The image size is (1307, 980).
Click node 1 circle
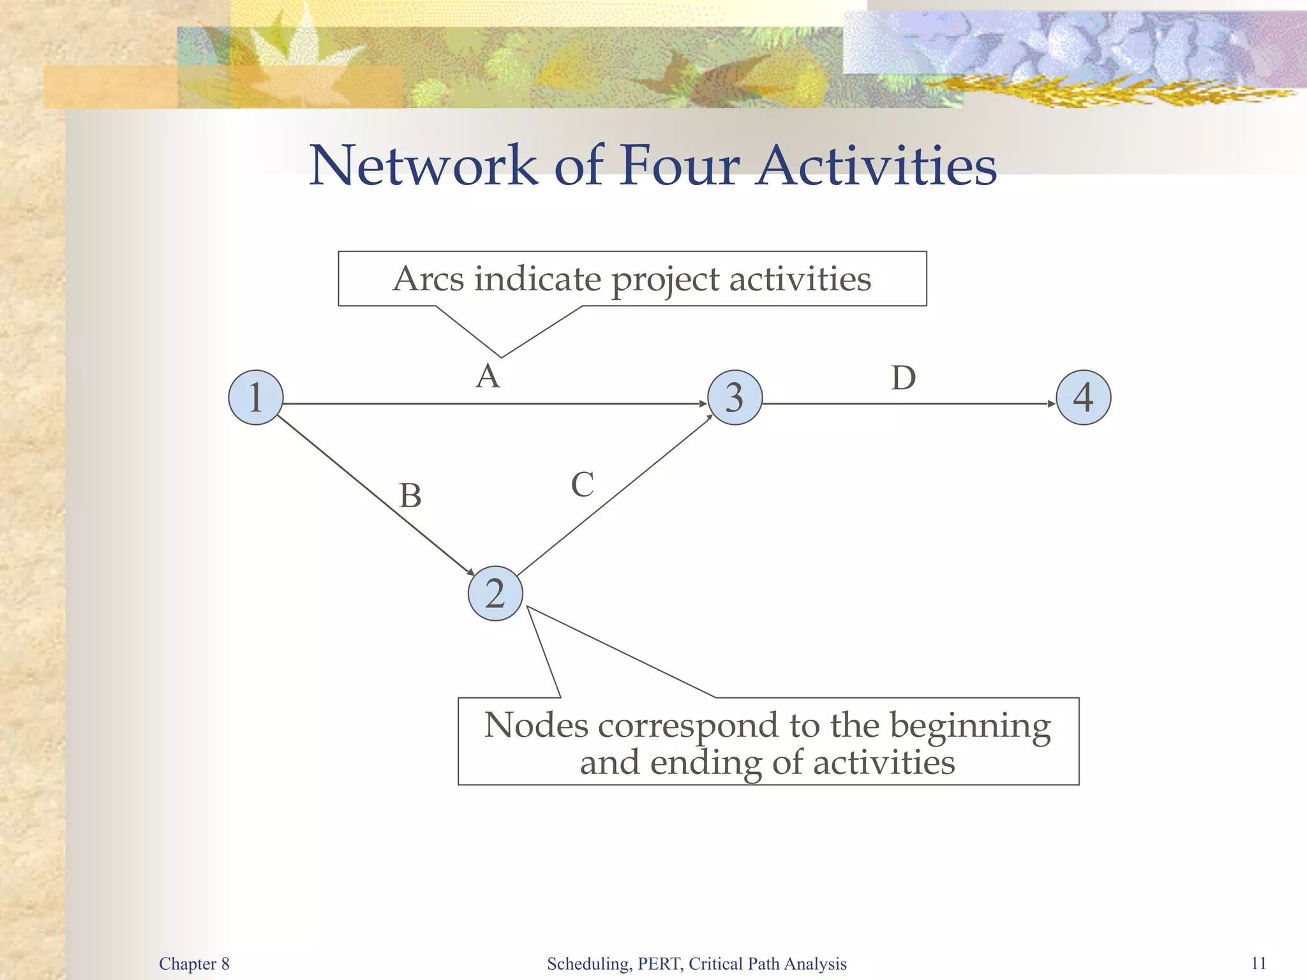pyautogui.click(x=255, y=397)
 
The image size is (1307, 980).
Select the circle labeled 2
pyautogui.click(x=495, y=593)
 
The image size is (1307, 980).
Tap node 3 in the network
pyautogui.click(x=735, y=397)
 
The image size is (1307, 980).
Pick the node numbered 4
pyautogui.click(x=1083, y=397)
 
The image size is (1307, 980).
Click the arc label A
pyautogui.click(x=488, y=376)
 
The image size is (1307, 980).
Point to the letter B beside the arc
pyautogui.click(x=410, y=496)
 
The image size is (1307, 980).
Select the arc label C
pyautogui.click(x=582, y=485)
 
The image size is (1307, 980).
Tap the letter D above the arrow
pyautogui.click(x=903, y=378)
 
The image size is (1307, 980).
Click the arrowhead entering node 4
pyautogui.click(x=1052, y=404)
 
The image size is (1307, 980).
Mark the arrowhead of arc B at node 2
pyautogui.click(x=471, y=572)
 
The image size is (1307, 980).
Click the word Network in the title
pyautogui.click(x=424, y=166)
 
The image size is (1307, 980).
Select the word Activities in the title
pyautogui.click(x=876, y=166)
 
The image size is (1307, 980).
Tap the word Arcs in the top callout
pyautogui.click(x=428, y=279)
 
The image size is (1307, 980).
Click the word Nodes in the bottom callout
pyautogui.click(x=536, y=725)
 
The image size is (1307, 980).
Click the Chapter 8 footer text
pyautogui.click(x=194, y=963)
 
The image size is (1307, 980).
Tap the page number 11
pyautogui.click(x=1258, y=963)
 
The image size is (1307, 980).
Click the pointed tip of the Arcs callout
pyautogui.click(x=501, y=357)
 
